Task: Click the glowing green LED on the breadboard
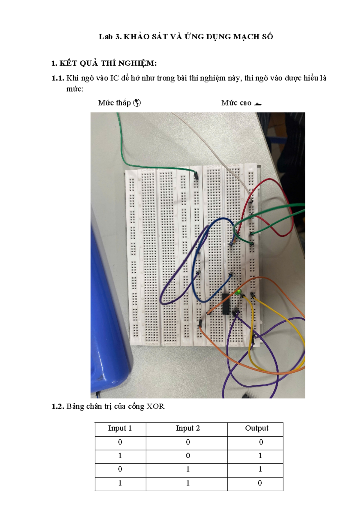pyautogui.click(x=238, y=292)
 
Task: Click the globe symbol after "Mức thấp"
pyautogui.click(x=137, y=103)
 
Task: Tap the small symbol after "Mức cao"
pyautogui.click(x=258, y=104)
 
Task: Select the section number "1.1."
pyautogui.click(x=58, y=78)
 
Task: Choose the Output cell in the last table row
pyautogui.click(x=260, y=483)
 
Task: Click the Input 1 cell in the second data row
pyautogui.click(x=120, y=456)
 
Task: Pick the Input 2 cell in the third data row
pyautogui.click(x=188, y=469)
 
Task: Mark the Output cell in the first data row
pyautogui.click(x=261, y=442)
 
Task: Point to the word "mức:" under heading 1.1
pyautogui.click(x=75, y=89)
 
